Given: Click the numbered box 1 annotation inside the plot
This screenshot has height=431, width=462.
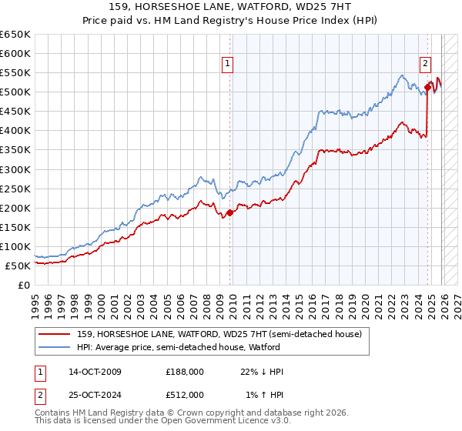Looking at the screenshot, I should click(x=229, y=65).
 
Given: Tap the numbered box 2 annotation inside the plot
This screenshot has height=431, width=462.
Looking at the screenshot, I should click(x=425, y=65).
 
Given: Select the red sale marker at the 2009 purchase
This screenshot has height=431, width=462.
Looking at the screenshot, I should click(x=230, y=212).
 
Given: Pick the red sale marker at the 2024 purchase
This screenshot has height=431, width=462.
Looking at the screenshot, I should click(x=427, y=87).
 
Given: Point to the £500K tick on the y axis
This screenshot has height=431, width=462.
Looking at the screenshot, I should click(x=15, y=92).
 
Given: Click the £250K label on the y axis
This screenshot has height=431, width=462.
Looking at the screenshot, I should click(x=15, y=189).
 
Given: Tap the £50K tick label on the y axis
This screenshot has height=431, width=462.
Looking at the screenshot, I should click(x=18, y=266).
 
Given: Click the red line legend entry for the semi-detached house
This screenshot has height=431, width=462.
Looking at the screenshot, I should click(x=224, y=333).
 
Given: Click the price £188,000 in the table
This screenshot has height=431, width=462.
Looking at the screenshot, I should click(x=185, y=372).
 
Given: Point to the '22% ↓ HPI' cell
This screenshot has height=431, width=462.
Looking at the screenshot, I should click(x=262, y=372).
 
